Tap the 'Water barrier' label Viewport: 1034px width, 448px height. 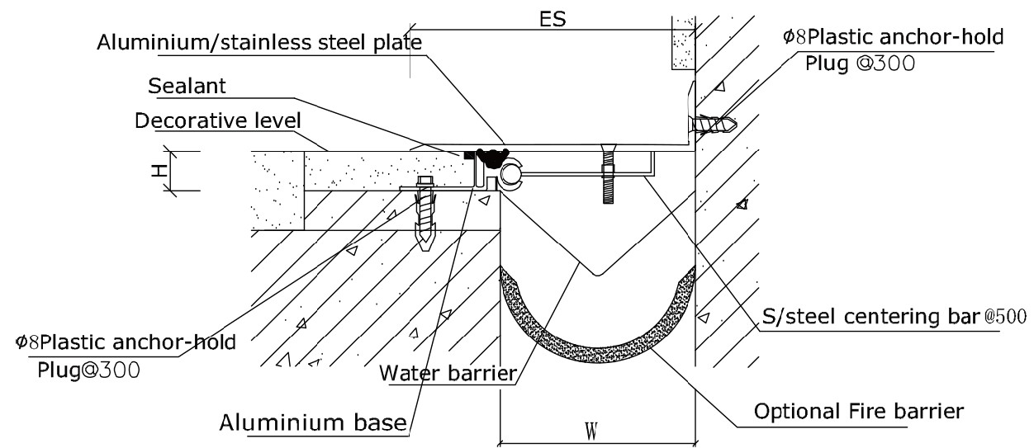pos(448,373)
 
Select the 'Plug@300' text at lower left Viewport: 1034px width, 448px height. pos(89,370)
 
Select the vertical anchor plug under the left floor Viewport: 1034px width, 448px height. pos(427,214)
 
